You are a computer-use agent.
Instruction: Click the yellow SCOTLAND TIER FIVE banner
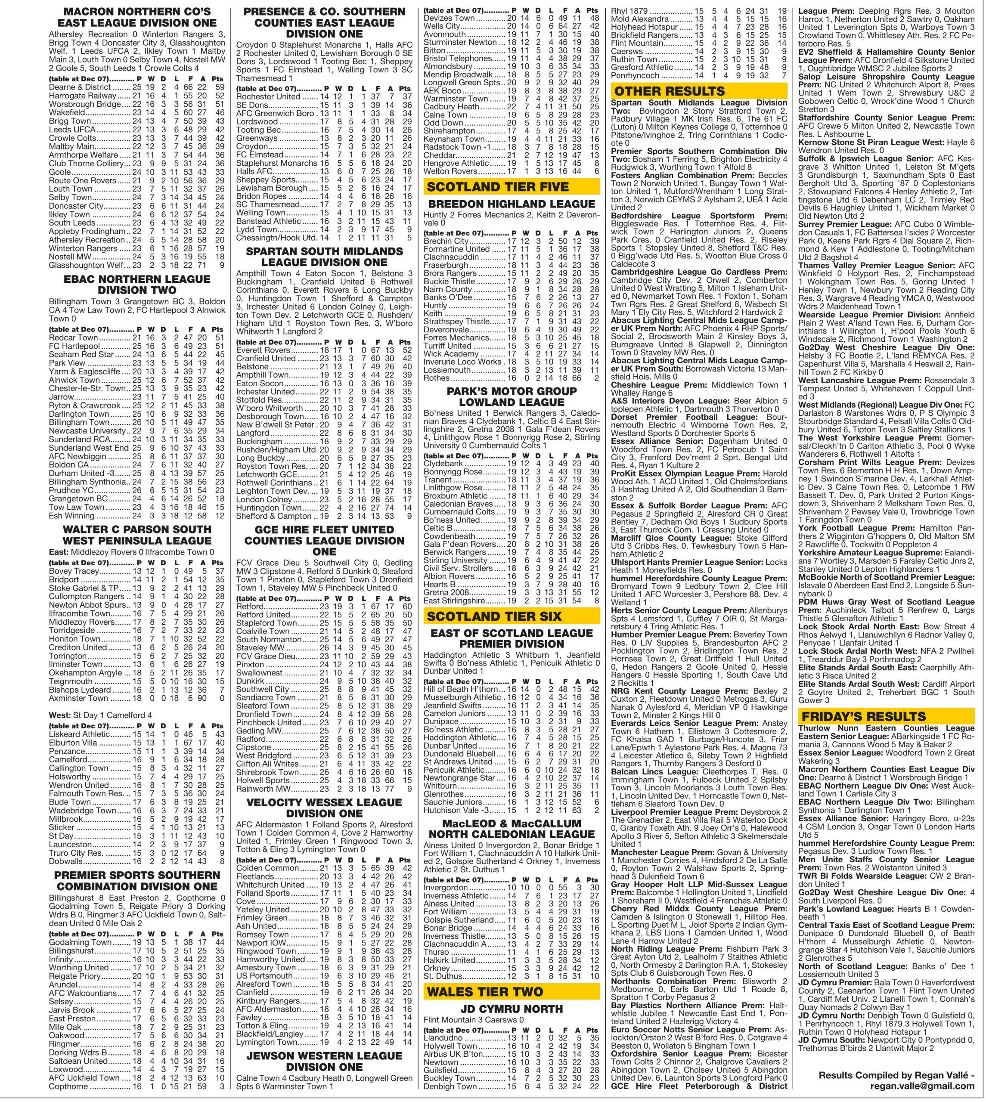pyautogui.click(x=512, y=187)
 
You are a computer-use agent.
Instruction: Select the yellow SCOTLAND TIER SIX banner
pyautogui.click(x=512, y=616)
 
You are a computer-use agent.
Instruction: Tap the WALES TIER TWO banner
pyautogui.click(x=512, y=991)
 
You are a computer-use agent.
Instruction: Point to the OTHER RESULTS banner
pyautogui.click(x=699, y=90)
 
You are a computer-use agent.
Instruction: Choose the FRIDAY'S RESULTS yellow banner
pyautogui.click(x=886, y=716)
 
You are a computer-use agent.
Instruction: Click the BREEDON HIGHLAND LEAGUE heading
pyautogui.click(x=512, y=204)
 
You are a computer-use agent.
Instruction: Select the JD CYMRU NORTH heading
pyautogui.click(x=512, y=1009)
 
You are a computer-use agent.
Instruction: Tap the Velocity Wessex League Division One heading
pyautogui.click(x=324, y=808)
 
